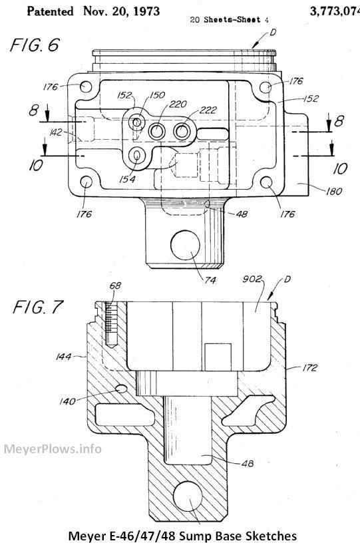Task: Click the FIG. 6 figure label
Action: (x=35, y=45)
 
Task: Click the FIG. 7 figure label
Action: (x=37, y=307)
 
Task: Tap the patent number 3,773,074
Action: (x=335, y=11)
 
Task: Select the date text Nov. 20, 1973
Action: (x=121, y=11)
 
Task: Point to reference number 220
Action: (x=178, y=104)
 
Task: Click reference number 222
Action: (x=208, y=110)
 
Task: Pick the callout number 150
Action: (x=157, y=95)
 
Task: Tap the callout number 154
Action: (x=127, y=179)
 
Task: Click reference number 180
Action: (x=334, y=191)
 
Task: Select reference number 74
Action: (x=210, y=280)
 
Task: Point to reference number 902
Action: (x=252, y=279)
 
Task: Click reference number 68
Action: (x=115, y=285)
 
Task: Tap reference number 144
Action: (x=63, y=357)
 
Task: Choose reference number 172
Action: (x=309, y=367)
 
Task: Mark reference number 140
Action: (x=67, y=401)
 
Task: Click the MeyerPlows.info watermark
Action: (x=53, y=449)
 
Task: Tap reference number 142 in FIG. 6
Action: (x=56, y=132)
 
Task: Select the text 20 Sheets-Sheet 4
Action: (x=230, y=19)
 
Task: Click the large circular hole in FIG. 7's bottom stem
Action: (x=188, y=496)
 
